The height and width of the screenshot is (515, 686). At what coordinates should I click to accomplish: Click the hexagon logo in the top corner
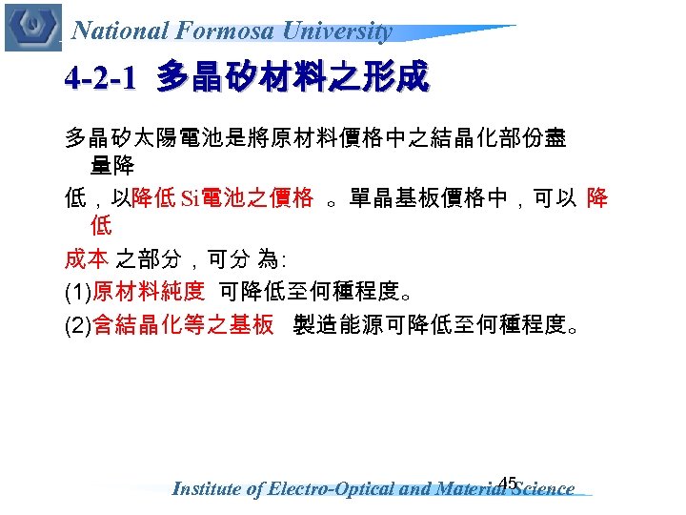(32, 27)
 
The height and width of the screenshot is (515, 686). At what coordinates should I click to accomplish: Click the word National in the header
(120, 31)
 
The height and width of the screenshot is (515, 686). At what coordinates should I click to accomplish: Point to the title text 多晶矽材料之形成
(293, 77)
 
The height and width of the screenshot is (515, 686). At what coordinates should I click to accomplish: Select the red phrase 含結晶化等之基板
(183, 326)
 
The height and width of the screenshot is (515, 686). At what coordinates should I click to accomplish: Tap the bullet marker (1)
(77, 292)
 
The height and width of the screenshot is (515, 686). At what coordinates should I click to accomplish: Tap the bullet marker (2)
(77, 326)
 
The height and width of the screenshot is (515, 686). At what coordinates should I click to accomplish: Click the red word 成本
(86, 257)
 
